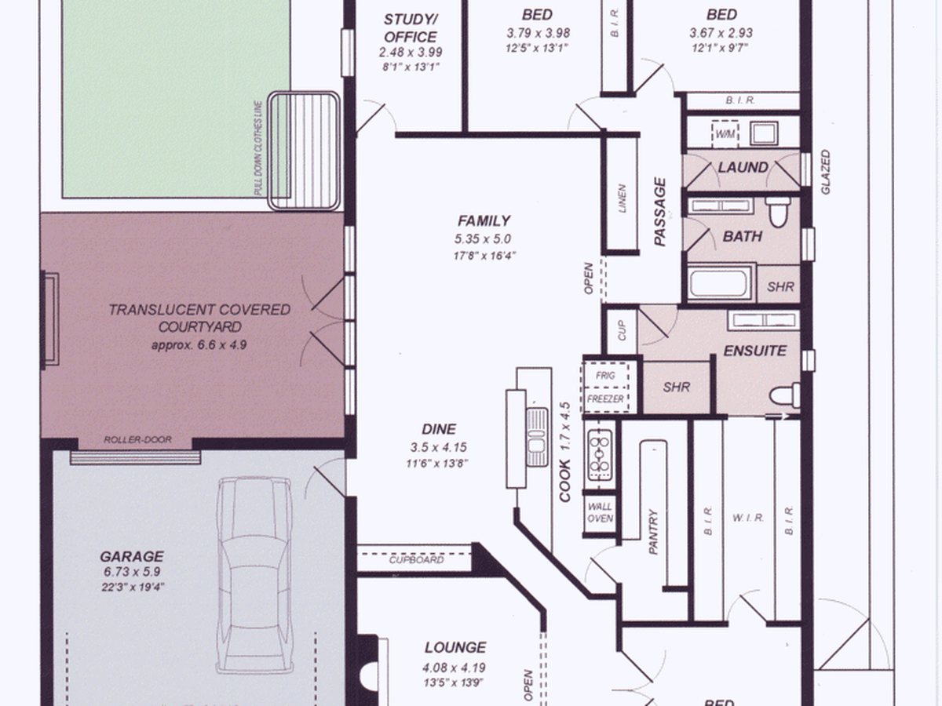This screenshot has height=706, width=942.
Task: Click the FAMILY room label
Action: [x=484, y=220]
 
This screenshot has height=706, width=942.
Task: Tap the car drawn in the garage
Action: [x=255, y=574]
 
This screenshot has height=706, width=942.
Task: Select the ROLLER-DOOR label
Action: [x=137, y=439]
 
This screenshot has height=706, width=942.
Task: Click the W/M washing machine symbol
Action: [x=725, y=134]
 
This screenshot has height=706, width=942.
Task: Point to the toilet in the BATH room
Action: [x=778, y=212]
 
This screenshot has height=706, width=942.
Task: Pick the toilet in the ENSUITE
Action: [x=785, y=395]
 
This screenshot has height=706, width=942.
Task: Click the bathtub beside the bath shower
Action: [x=720, y=282]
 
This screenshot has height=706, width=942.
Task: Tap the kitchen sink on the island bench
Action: [x=537, y=437]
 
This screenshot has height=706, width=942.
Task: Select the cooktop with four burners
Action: [x=600, y=455]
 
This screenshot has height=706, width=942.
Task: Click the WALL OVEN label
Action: [x=600, y=512]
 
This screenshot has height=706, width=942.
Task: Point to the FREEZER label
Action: [x=605, y=399]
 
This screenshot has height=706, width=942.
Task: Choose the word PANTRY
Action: [x=653, y=532]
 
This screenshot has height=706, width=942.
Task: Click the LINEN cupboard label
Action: [x=622, y=198]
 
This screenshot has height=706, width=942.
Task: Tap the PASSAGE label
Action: [x=659, y=212]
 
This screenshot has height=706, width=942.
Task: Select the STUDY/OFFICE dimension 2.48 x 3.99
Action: [x=411, y=53]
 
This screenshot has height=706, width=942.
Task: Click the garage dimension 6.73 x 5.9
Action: [x=132, y=571]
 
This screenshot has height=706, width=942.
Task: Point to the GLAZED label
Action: [x=826, y=172]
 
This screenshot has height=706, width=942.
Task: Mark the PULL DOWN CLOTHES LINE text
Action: [x=258, y=148]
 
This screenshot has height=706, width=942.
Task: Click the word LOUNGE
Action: [x=455, y=647]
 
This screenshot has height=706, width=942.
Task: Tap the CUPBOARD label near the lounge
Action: [x=416, y=560]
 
